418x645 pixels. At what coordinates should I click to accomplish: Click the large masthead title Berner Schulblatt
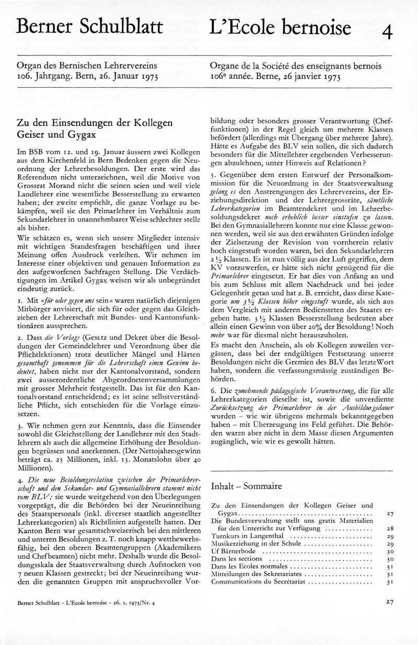(89, 26)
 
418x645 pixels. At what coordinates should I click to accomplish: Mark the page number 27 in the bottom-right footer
(389, 602)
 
